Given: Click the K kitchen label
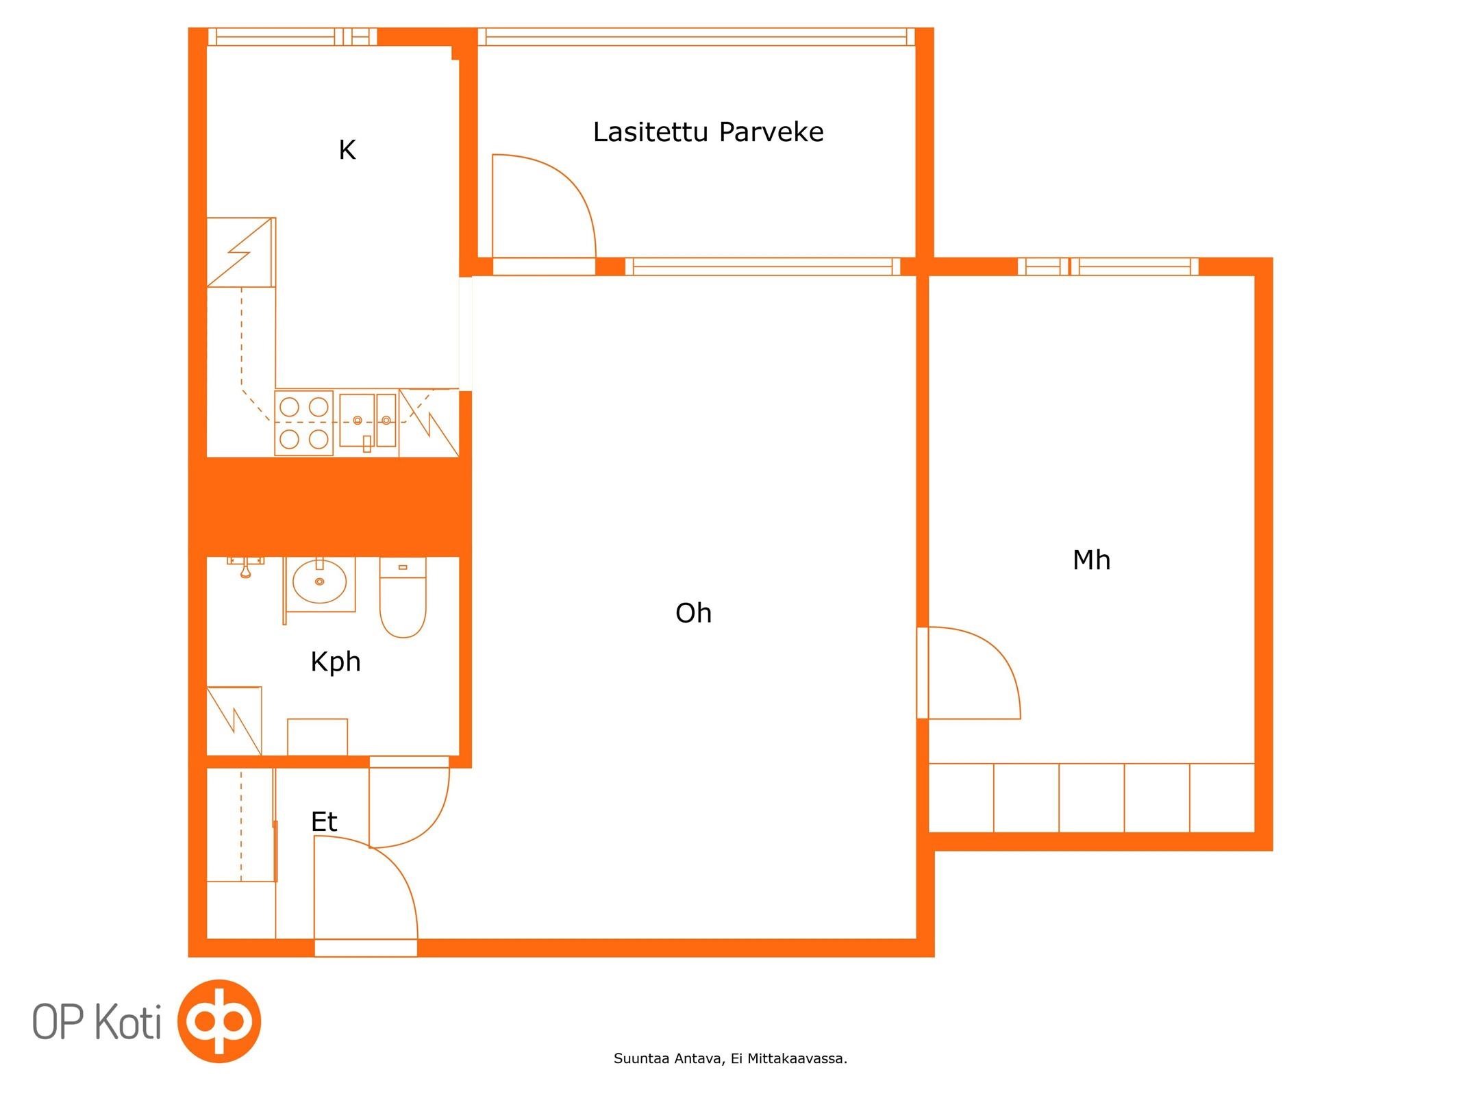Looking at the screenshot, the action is tap(347, 150).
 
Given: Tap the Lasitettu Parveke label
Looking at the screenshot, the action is tap(708, 132).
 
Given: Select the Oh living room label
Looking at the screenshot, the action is tap(693, 613).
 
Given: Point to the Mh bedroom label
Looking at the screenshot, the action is tap(1091, 560).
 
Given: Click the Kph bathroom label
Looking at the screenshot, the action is tap(336, 662).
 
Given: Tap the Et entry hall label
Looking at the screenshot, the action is tap(324, 821).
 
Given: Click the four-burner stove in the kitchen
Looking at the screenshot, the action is tap(304, 423).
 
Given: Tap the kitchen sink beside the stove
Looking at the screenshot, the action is tap(368, 421).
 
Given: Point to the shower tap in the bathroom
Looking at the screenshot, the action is tap(245, 567).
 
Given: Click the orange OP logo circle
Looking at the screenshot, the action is tap(219, 1021).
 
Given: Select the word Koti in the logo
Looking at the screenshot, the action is tap(128, 1021).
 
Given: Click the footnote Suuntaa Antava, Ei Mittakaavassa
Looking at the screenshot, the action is tap(730, 1058).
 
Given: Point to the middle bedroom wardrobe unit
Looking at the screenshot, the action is tap(1091, 798).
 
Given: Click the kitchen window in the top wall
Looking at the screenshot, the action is tap(292, 37).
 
